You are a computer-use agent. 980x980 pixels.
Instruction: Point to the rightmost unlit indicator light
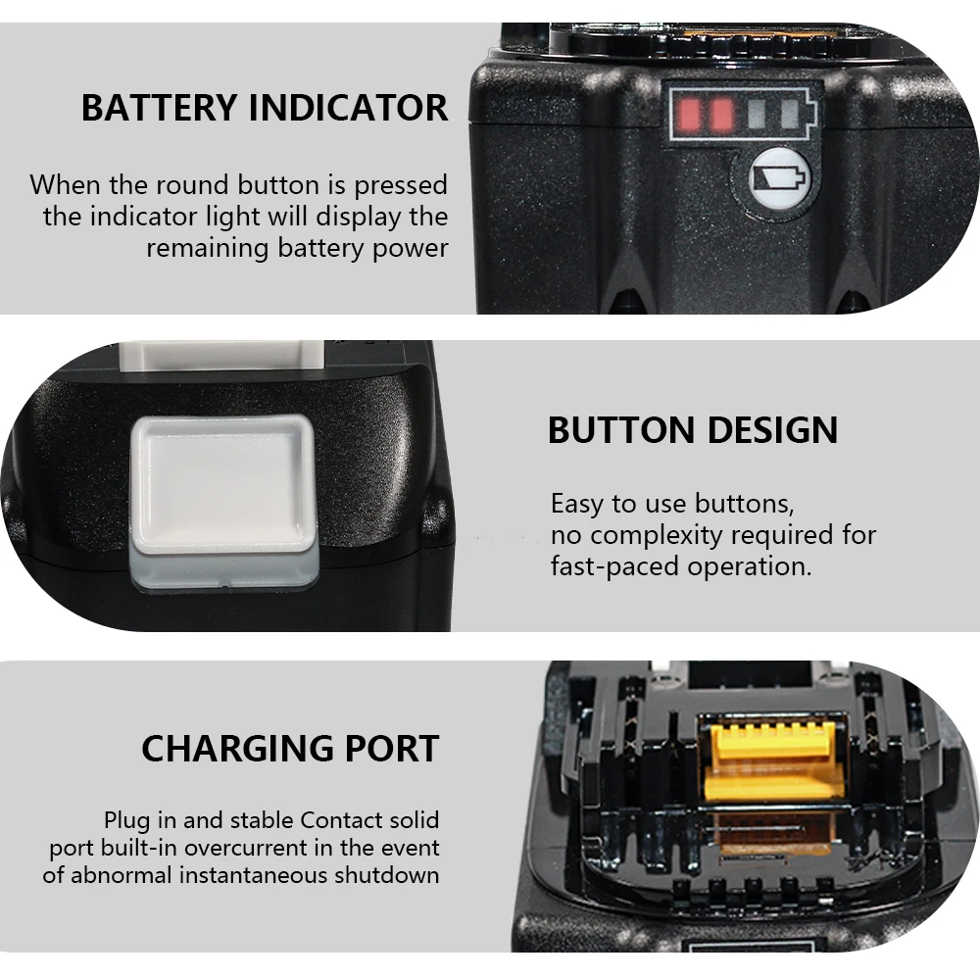[x=790, y=116]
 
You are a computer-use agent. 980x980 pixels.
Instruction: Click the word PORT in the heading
[x=391, y=749]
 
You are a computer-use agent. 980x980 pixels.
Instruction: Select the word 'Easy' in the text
[x=577, y=505]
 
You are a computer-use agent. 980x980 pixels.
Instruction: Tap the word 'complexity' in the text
[x=658, y=536]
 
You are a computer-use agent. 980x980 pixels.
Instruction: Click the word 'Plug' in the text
[x=126, y=819]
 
